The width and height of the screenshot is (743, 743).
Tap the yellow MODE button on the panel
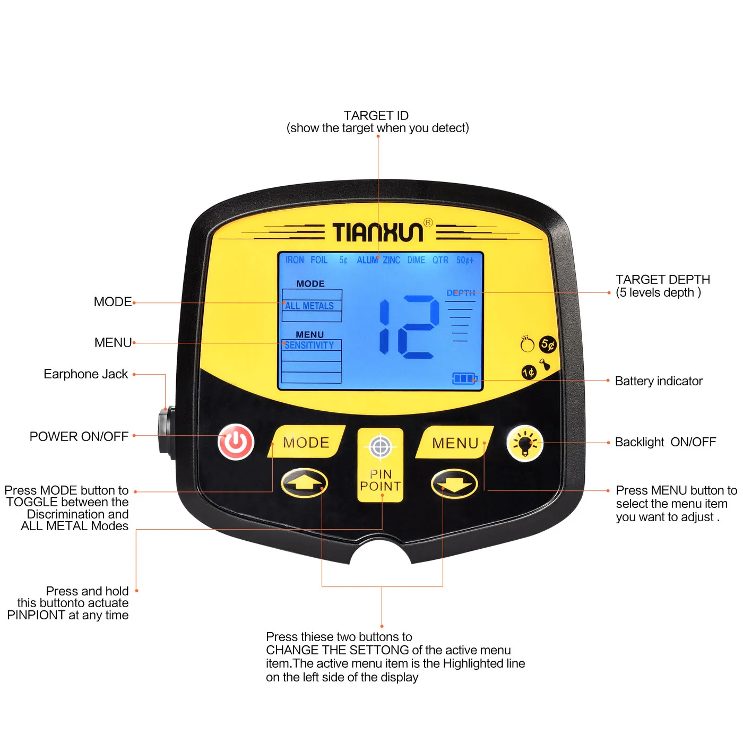click(307, 442)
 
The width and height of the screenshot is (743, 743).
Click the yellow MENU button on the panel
click(455, 443)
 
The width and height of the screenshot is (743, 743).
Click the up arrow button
click(304, 483)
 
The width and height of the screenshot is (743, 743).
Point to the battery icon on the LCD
click(464, 378)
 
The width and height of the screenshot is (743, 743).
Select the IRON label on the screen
click(295, 260)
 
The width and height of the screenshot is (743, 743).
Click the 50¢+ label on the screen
click(465, 260)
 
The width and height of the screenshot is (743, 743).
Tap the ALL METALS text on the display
click(309, 306)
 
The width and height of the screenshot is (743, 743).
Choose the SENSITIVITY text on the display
click(309, 345)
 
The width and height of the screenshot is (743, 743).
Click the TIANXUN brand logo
click(378, 232)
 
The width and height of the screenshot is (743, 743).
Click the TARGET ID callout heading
click(376, 116)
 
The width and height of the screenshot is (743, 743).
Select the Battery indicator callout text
click(659, 381)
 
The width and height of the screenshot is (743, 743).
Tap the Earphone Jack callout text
click(86, 374)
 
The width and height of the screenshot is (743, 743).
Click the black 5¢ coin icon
click(548, 345)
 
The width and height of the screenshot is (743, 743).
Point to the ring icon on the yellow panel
click(527, 345)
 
